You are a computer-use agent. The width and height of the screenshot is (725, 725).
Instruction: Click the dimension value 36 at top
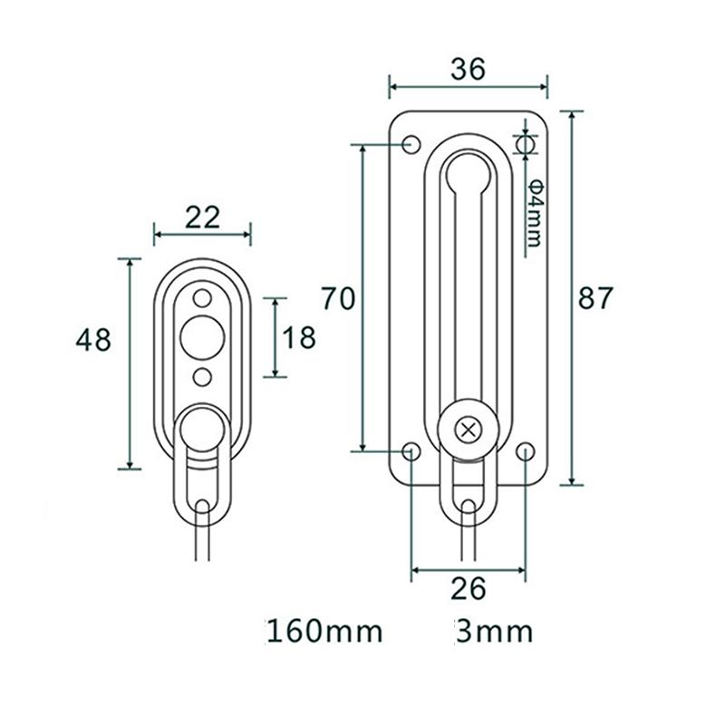[468, 68]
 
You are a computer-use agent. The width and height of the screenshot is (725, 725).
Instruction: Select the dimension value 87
[596, 298]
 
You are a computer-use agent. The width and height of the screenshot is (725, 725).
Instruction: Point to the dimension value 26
[468, 588]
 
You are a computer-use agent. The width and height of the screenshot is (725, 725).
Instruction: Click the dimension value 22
[202, 217]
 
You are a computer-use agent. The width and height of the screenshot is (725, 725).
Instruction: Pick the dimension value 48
[93, 340]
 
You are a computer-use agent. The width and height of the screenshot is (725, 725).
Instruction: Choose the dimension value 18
[298, 338]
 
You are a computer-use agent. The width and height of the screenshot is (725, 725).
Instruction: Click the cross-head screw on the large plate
[468, 430]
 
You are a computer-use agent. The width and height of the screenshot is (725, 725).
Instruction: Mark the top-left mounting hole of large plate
[411, 144]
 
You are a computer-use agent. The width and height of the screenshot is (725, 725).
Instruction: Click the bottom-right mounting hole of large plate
[526, 451]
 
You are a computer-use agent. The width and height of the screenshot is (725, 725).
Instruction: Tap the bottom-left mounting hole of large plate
[411, 451]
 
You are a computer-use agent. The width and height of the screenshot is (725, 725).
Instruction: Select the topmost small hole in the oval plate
[202, 297]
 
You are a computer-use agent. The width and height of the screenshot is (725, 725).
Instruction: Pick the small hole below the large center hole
[202, 375]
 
